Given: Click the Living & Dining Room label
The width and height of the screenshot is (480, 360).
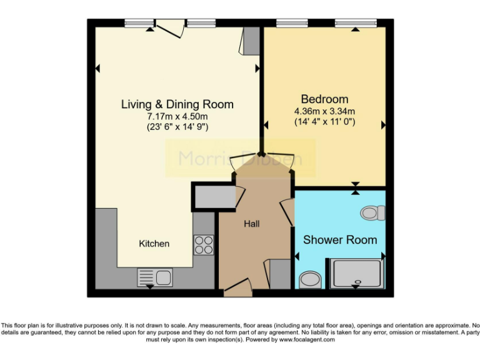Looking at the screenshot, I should [177, 104].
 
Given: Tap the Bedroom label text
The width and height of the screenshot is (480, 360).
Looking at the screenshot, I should [324, 99].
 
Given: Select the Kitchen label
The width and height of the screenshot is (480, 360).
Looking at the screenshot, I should [154, 243].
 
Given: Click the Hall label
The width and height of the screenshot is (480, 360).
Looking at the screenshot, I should [252, 224].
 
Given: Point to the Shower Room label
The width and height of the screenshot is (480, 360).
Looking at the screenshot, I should [340, 240].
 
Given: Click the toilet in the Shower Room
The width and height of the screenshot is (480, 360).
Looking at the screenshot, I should [372, 213].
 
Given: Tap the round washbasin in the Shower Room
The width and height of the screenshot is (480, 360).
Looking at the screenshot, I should [309, 277].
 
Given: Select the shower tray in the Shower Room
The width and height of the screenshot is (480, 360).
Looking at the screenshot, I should [356, 273].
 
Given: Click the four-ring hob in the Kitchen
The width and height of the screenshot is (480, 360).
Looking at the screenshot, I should [204, 244].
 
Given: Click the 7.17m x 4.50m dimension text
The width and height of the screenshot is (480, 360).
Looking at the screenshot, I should [177, 116].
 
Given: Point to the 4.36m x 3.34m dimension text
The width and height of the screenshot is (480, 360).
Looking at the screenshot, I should [324, 111].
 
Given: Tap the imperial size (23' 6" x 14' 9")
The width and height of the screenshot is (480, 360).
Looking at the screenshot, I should [177, 127].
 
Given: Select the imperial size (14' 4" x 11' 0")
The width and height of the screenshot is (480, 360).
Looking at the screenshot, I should [324, 122].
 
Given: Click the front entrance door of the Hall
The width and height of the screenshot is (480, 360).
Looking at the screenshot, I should [237, 288].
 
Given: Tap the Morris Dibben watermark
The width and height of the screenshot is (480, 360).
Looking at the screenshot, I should [241, 158].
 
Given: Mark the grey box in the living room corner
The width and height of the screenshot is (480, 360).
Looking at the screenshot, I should [250, 40].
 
